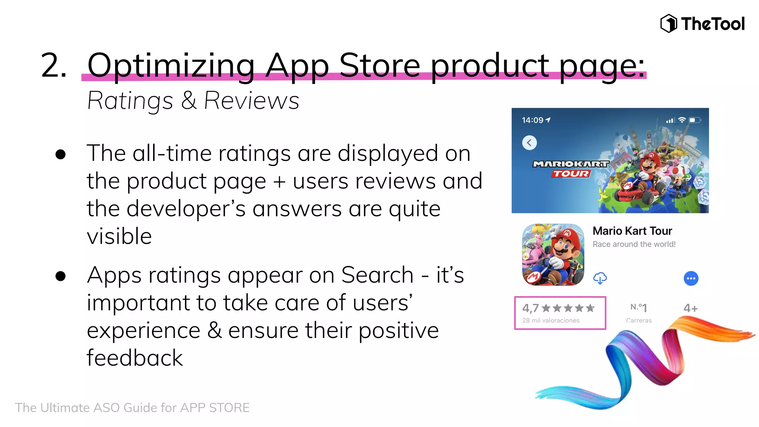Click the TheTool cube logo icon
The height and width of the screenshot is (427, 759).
point(669,23)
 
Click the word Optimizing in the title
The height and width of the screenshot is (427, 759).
point(171,66)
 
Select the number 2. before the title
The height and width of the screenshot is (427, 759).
point(54,66)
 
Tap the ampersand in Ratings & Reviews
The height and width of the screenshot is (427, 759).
point(189,100)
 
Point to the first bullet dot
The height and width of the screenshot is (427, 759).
point(60,154)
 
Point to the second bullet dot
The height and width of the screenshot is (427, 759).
point(60,276)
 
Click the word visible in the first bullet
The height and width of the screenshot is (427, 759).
point(119,236)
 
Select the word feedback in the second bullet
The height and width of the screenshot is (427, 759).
point(135,358)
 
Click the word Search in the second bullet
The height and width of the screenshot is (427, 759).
point(377,275)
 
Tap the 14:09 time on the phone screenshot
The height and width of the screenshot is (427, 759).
point(533,120)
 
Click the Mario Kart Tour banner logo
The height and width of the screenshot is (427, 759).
point(571,169)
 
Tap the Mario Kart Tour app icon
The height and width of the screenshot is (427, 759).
point(553,254)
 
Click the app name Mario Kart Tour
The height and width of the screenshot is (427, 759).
point(632,231)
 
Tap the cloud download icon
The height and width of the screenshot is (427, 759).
point(600,278)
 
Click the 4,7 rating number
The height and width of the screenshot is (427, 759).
point(530,308)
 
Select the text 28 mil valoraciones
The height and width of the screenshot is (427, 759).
point(551,321)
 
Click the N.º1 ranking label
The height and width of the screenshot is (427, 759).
point(639,308)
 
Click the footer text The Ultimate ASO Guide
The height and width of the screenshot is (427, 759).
point(132,408)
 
